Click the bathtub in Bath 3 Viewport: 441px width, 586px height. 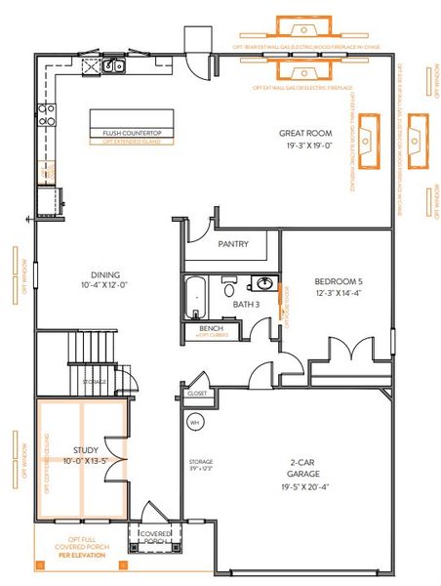point(196,294)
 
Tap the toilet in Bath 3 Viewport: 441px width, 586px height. point(229,288)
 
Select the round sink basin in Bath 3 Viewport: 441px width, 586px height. point(263,285)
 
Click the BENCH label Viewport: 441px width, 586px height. point(210,329)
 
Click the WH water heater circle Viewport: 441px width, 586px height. point(194,423)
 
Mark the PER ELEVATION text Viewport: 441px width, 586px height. point(80,555)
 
